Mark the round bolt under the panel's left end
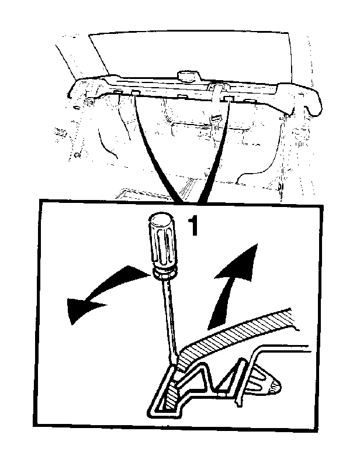89,102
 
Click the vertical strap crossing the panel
217,97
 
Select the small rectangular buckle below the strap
216,117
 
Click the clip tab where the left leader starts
136,92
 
